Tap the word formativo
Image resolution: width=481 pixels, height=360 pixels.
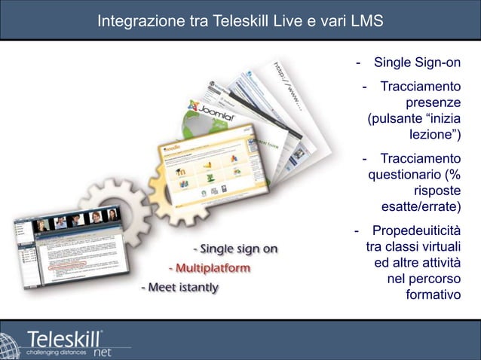click(433, 294)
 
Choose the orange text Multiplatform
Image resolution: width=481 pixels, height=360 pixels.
click(211, 267)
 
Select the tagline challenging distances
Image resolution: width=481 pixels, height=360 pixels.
click(51, 351)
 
